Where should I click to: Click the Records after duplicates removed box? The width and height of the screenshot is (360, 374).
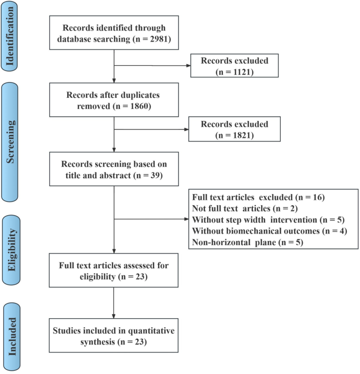point(114,99)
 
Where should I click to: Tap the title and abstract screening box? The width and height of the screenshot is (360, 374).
point(114,169)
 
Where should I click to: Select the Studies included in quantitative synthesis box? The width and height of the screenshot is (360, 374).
point(114,335)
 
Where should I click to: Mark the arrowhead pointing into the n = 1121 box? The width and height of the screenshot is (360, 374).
point(189,66)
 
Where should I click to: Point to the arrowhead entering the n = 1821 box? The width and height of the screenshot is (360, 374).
point(189,130)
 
